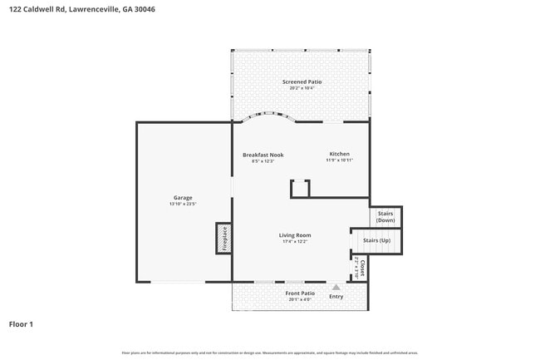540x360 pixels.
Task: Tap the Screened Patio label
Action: (x=301, y=81)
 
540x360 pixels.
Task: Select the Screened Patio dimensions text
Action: (x=301, y=88)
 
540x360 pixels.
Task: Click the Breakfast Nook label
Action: (x=263, y=155)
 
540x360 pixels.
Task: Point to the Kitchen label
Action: (x=339, y=154)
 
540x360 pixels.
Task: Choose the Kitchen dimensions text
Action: (x=339, y=160)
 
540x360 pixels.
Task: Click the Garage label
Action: (x=183, y=197)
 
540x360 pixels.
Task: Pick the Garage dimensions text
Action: (x=183, y=204)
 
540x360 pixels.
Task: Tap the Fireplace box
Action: (x=223, y=237)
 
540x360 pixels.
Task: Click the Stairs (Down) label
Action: (x=385, y=217)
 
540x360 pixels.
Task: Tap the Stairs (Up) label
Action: (x=376, y=241)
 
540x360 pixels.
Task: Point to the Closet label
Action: (x=362, y=267)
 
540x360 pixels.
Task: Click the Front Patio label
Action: (x=300, y=293)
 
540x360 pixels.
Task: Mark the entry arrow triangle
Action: (x=336, y=287)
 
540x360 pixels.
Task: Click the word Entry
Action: (x=336, y=297)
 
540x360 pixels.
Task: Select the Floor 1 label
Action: (x=21, y=323)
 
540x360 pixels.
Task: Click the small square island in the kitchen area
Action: (x=300, y=189)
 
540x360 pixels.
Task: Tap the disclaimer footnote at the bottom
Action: (x=270, y=353)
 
